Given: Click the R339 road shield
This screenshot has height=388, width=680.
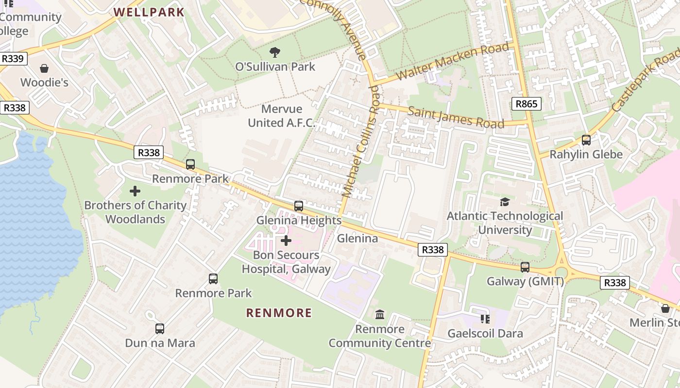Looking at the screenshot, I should pyautogui.click(x=13, y=59).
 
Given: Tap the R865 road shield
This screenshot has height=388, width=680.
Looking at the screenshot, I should pyautogui.click(x=526, y=103).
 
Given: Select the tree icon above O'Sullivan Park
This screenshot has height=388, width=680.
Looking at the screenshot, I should pyautogui.click(x=275, y=52).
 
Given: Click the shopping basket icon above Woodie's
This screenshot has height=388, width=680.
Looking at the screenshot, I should pyautogui.click(x=44, y=68).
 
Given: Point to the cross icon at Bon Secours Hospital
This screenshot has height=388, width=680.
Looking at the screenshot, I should pyautogui.click(x=286, y=240).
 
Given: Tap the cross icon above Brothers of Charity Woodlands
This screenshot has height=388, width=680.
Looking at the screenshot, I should pyautogui.click(x=135, y=191).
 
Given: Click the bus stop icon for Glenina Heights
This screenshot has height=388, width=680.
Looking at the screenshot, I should pyautogui.click(x=299, y=206).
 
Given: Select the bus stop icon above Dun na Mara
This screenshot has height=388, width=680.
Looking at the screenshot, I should pyautogui.click(x=160, y=329).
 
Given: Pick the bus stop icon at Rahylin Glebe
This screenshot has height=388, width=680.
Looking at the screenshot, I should pyautogui.click(x=586, y=140).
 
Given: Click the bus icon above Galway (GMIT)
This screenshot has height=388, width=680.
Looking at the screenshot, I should pyautogui.click(x=525, y=267).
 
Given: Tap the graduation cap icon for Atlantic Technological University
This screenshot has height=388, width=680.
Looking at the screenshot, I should pyautogui.click(x=505, y=202).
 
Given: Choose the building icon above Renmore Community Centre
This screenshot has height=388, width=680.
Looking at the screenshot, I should pyautogui.click(x=380, y=315).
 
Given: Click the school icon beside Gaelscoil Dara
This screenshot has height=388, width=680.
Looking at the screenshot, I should pyautogui.click(x=485, y=319).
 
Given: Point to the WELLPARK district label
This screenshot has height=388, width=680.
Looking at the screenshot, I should pyautogui.click(x=149, y=12).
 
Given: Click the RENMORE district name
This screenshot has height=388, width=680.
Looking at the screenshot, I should pyautogui.click(x=279, y=313).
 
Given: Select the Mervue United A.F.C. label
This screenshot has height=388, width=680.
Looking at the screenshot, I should pyautogui.click(x=282, y=116).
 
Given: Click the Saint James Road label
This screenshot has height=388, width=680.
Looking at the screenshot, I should pyautogui.click(x=456, y=117).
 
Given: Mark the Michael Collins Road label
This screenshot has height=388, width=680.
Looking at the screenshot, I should pyautogui.click(x=360, y=141).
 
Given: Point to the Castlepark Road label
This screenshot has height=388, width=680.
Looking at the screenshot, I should pyautogui.click(x=646, y=82).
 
